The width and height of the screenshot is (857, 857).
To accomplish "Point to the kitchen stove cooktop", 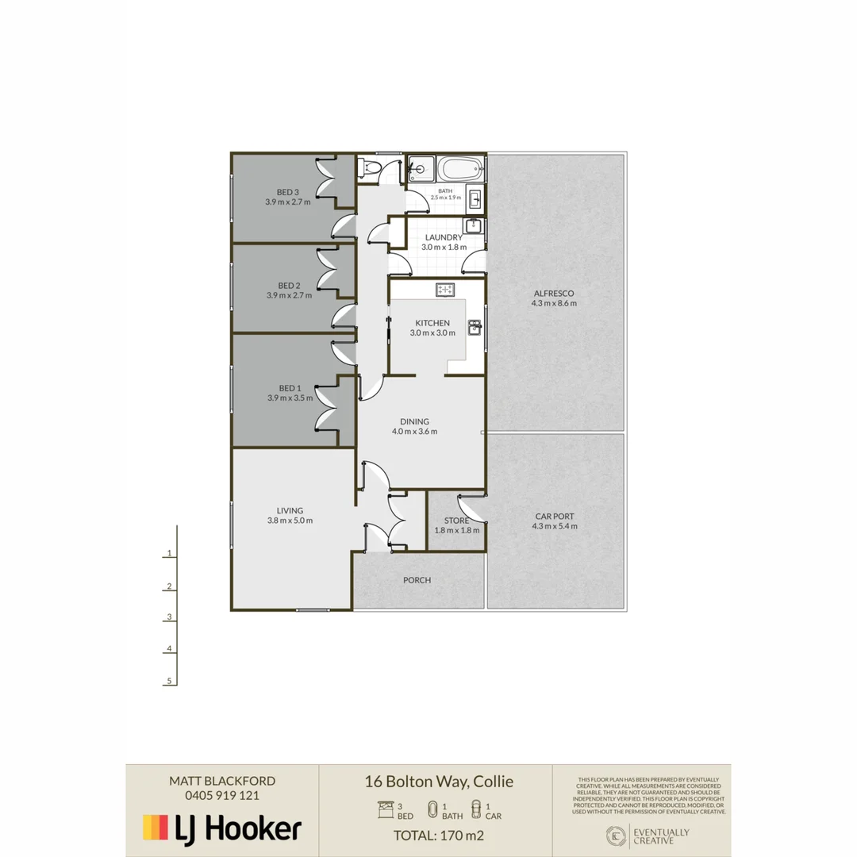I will click(x=445, y=290).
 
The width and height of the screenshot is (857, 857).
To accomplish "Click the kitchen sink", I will click(x=475, y=327).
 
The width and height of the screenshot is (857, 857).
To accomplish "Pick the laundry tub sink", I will click(x=474, y=226).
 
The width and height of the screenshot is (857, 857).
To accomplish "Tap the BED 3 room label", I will click(x=287, y=191).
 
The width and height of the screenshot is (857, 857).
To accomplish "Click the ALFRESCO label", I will click(x=555, y=293).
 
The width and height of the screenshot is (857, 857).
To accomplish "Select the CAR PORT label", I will click(x=555, y=516).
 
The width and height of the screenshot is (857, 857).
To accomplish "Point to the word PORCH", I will click(x=417, y=580).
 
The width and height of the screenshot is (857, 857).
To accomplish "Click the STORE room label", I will click(x=456, y=521).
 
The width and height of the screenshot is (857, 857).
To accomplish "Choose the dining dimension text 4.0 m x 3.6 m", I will click(x=414, y=432).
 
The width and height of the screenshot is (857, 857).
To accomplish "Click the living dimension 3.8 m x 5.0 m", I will click(x=290, y=521).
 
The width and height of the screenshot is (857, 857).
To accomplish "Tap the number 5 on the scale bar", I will click(x=169, y=681).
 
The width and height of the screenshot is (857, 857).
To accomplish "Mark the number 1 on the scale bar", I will click(x=169, y=554).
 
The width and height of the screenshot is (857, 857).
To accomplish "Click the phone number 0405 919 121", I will click(x=222, y=795).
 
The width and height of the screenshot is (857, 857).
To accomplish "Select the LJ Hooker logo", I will click(x=221, y=828).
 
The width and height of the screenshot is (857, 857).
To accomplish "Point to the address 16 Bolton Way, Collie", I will click(x=439, y=782).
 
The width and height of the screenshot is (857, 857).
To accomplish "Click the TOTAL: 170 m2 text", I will click(x=439, y=835).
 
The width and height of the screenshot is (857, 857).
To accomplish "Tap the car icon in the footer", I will click(x=475, y=809).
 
